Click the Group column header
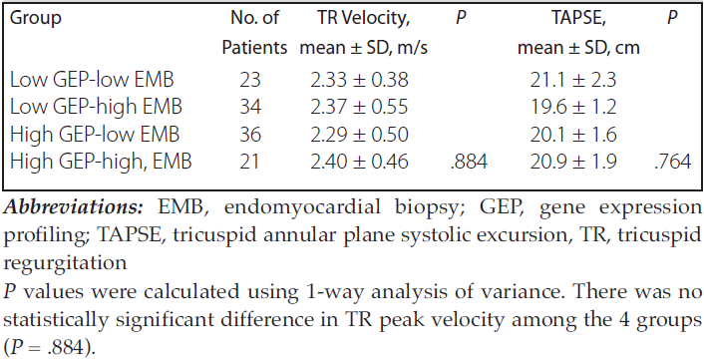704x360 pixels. tap(36, 19)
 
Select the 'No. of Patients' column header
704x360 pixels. tap(254, 32)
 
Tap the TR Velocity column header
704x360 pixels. tap(363, 32)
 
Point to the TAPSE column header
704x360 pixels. tap(578, 32)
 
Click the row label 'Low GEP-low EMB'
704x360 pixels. tap(92, 81)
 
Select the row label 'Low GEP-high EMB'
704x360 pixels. tap(96, 108)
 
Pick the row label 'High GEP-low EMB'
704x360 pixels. tap(95, 135)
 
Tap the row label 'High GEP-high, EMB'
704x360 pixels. tap(101, 162)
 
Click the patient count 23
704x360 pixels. tap(250, 81)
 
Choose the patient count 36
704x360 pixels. tap(250, 135)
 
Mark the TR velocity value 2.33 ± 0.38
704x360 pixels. tap(359, 81)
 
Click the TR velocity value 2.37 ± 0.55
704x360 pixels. tap(359, 108)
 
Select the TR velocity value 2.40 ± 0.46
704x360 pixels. tap(359, 162)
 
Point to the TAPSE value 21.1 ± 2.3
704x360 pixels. tap(573, 81)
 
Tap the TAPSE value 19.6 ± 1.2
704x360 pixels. tap(573, 108)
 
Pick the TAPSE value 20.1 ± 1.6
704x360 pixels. tap(573, 135)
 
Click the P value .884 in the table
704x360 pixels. tap(469, 162)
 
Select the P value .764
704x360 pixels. tap(672, 162)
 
